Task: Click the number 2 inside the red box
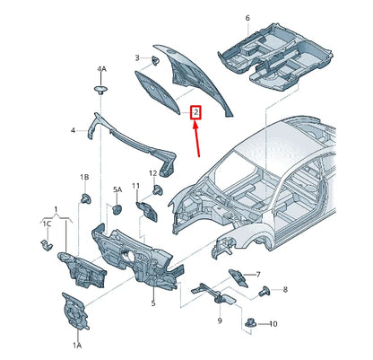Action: click(195, 114)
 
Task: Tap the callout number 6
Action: click(247, 18)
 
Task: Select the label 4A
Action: click(101, 69)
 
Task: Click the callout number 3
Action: click(137, 59)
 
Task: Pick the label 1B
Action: click(84, 178)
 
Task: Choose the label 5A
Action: click(117, 190)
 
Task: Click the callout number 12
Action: click(152, 173)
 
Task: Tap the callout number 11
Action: click(136, 186)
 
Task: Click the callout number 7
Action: click(258, 275)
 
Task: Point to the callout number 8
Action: click(286, 289)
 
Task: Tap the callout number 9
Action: click(219, 320)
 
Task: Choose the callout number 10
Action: click(274, 323)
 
